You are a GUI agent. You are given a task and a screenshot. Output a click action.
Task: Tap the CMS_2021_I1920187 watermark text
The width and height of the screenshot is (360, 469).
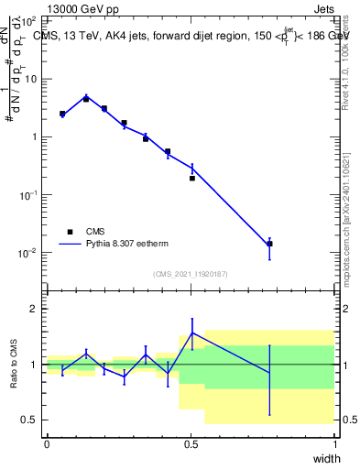tap(191, 274)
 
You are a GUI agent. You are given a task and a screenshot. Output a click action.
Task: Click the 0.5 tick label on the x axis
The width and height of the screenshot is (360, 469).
tap(191, 444)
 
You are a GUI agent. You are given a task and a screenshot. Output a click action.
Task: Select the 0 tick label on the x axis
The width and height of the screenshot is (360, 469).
tap(48, 444)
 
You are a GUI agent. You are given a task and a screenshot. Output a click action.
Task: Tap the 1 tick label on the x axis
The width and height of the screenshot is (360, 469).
tap(334, 444)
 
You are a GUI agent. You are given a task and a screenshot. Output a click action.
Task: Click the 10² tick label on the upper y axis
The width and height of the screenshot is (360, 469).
tap(28, 21)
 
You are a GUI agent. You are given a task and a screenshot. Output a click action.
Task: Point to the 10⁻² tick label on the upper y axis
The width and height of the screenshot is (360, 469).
tap(28, 253)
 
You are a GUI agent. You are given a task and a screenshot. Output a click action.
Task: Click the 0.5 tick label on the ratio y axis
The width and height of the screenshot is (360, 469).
tap(29, 420)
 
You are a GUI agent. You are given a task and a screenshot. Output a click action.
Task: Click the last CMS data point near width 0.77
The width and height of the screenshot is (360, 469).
tap(269, 244)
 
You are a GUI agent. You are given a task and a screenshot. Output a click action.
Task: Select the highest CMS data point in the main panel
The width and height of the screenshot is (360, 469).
tap(86, 99)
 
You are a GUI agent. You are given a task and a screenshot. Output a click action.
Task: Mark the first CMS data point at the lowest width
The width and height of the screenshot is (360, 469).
tap(62, 115)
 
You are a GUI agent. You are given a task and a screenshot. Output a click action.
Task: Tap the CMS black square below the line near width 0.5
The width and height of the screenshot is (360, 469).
tap(192, 179)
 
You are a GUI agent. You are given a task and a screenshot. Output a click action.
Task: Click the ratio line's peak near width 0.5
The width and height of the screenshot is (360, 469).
tap(192, 333)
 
